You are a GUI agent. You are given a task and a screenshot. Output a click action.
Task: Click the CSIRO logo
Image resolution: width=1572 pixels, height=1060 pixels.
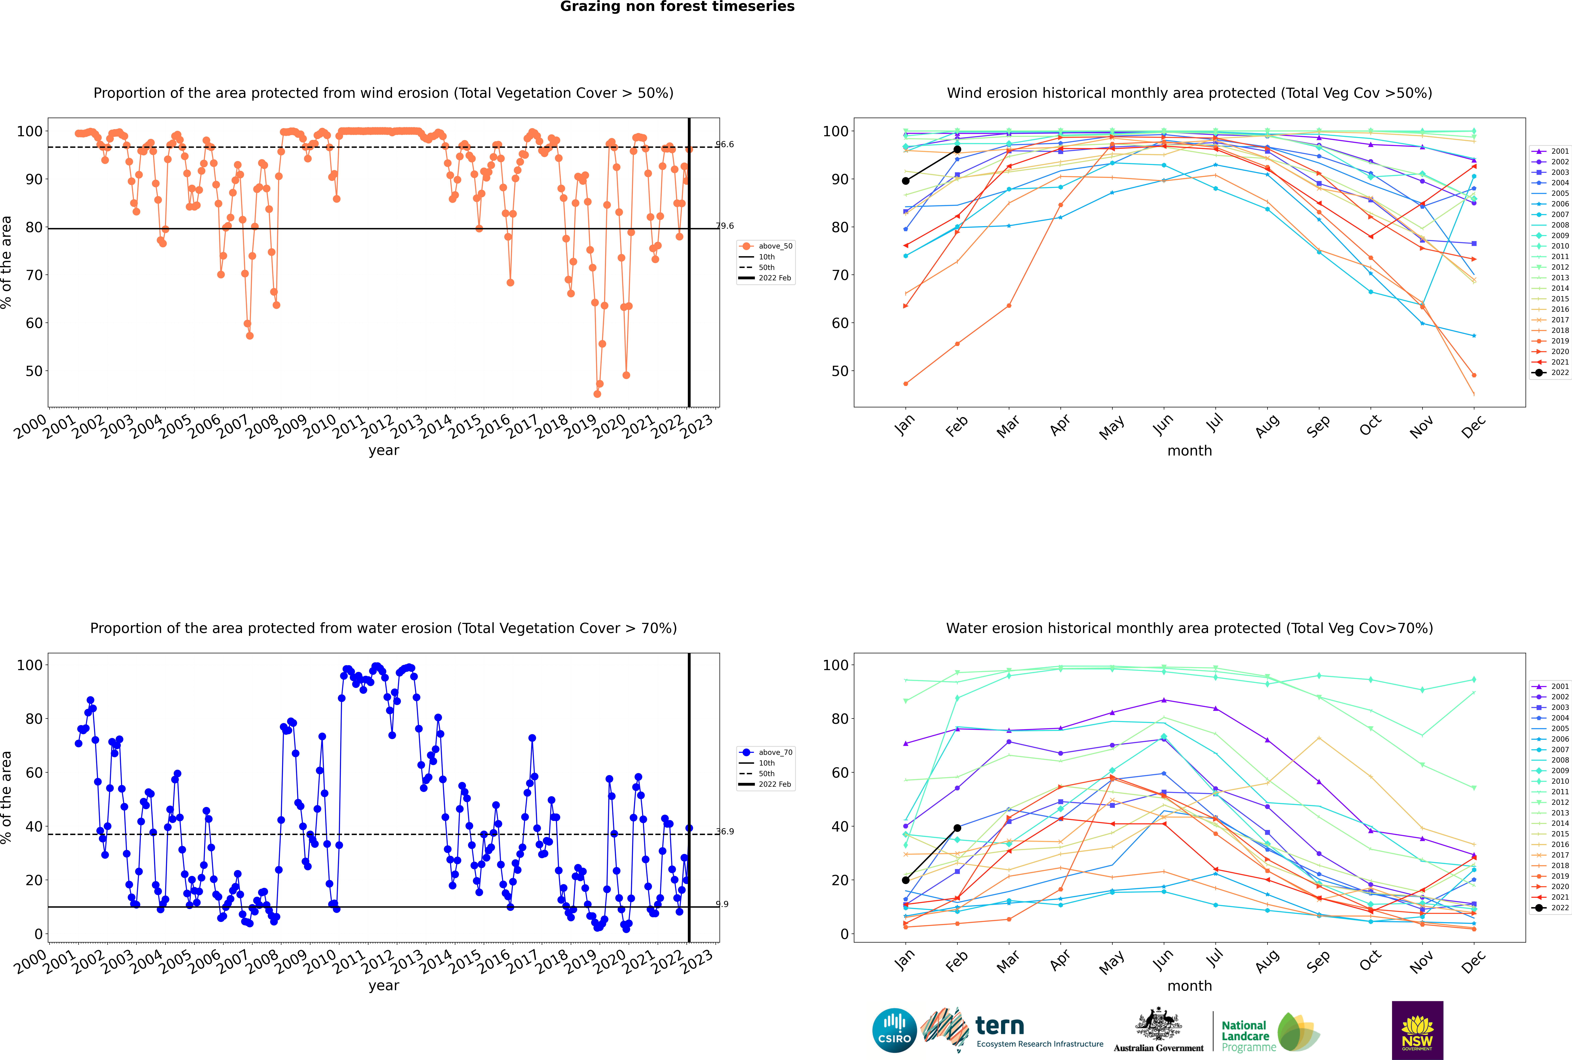point(894,1030)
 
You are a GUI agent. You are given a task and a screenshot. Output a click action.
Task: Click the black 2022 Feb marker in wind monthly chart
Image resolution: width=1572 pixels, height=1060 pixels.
point(957,149)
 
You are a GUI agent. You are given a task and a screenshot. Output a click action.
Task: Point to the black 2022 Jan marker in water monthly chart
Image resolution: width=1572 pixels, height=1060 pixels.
point(906,880)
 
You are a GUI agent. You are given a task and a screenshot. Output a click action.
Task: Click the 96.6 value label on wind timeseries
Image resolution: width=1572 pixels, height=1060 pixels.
point(725,145)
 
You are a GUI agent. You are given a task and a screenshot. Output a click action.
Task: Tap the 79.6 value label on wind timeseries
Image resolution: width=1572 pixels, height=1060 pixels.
point(725,226)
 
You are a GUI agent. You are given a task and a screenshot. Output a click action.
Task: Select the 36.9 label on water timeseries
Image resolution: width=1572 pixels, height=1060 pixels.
point(725,831)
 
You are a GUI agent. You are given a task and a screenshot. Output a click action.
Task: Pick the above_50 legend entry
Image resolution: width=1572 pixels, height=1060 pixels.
point(766,246)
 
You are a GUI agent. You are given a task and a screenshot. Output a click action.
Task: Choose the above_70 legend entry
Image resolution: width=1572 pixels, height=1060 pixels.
point(766,752)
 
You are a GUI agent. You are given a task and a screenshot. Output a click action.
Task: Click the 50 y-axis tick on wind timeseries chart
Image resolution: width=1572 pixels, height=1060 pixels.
point(34,371)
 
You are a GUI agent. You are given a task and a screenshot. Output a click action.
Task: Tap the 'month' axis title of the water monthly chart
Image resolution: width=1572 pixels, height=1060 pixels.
point(1189,986)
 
